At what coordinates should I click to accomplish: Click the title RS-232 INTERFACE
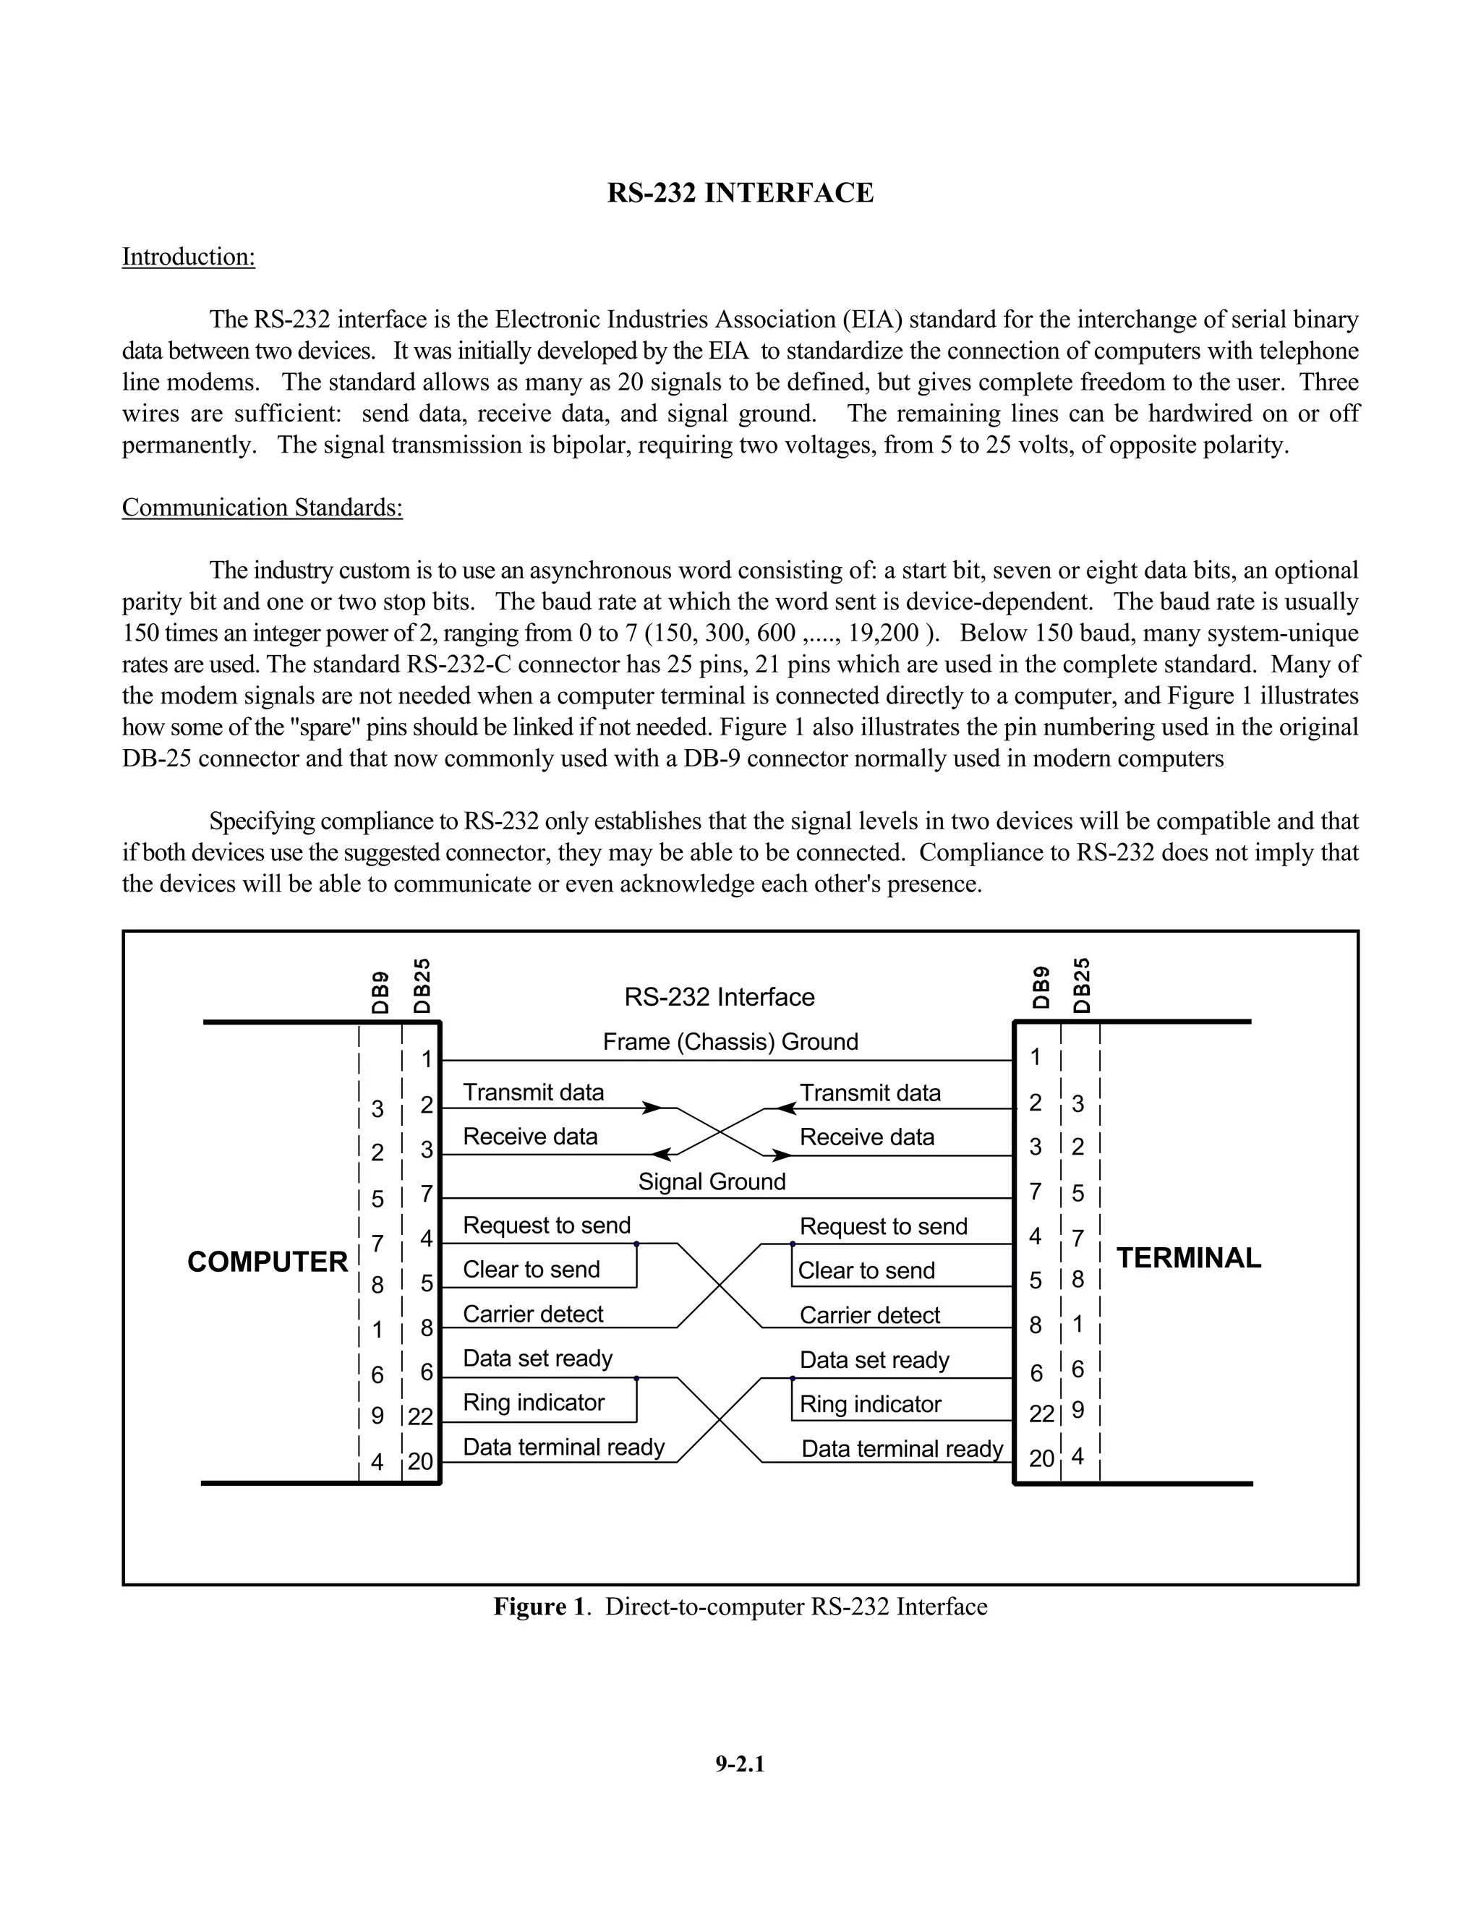coord(740,193)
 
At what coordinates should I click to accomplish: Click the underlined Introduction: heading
coord(188,257)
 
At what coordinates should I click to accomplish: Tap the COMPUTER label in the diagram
coord(268,1262)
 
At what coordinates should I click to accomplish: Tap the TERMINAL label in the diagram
coord(1188,1258)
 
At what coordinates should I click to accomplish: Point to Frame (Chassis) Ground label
coord(730,1041)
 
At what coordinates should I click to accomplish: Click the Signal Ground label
coord(712,1181)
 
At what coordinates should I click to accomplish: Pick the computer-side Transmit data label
coord(534,1092)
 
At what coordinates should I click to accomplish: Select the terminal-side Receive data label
coord(867,1137)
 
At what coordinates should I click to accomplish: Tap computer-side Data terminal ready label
coord(563,1447)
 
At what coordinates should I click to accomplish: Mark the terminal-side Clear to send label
coord(866,1270)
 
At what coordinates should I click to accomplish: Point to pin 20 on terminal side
coord(1041,1458)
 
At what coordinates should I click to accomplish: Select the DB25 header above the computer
coord(422,986)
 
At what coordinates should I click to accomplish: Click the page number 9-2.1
coord(740,1764)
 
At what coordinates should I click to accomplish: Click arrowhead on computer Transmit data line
coord(652,1108)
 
